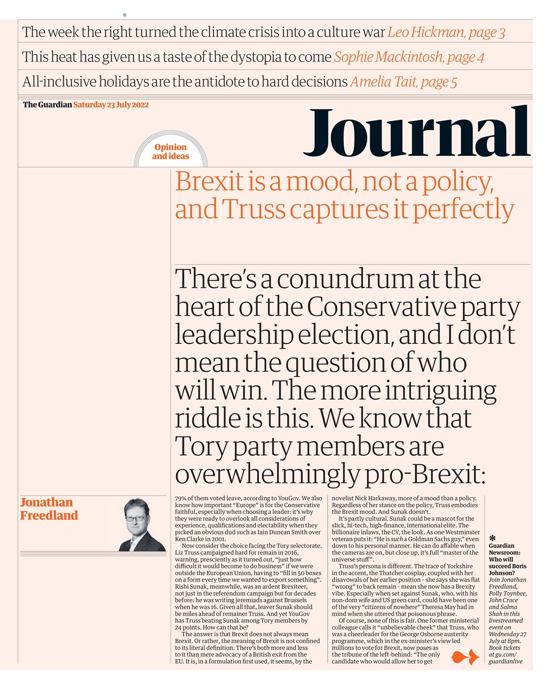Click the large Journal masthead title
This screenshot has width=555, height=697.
pos(416,133)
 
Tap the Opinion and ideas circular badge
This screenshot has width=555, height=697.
pos(170,151)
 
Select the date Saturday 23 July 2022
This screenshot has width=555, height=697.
pos(111,105)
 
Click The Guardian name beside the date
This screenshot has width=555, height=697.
pos(47,105)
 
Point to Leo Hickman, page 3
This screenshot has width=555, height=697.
pos(446,32)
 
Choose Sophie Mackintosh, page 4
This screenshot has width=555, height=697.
pos(409,57)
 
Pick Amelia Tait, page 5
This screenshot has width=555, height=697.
pos(403,82)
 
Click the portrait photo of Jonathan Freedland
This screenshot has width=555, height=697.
pos(142,524)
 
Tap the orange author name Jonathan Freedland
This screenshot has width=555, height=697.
pos(49,509)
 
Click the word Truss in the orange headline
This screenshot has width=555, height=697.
pos(254,210)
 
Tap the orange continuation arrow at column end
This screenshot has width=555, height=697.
pos(465,658)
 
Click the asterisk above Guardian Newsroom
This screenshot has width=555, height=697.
pos(492,538)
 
